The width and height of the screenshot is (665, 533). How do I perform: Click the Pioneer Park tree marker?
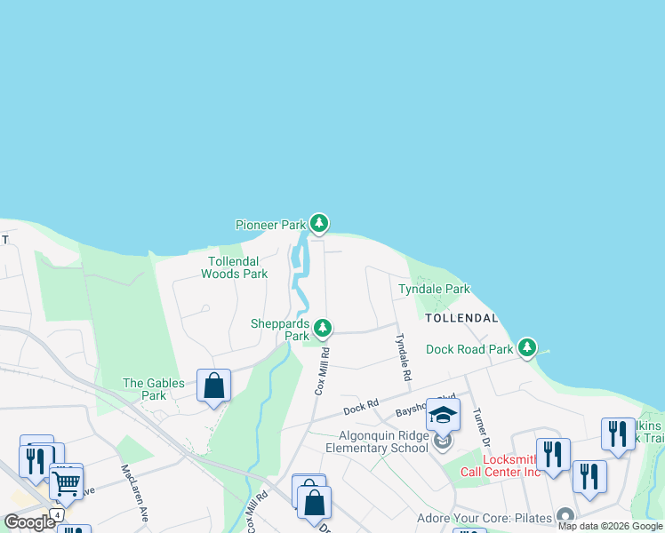(x=319, y=223)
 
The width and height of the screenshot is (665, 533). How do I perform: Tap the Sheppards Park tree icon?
(x=323, y=329)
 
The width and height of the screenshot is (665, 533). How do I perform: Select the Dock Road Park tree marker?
(x=528, y=346)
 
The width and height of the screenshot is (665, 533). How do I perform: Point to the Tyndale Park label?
(x=434, y=290)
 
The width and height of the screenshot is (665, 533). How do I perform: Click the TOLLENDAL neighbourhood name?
(x=461, y=317)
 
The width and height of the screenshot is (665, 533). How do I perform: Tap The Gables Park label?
(x=154, y=389)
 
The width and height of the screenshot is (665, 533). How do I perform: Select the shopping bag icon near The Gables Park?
(x=213, y=386)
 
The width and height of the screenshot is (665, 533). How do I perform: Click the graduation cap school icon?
(x=443, y=414)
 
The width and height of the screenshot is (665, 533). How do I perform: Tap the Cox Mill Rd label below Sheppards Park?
(x=322, y=370)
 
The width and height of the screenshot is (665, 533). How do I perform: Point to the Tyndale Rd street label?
(x=402, y=357)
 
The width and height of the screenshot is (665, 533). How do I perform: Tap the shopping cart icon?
(x=66, y=482)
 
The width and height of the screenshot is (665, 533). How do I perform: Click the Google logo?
(x=30, y=522)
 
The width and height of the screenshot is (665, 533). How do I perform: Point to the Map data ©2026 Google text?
(x=610, y=526)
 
